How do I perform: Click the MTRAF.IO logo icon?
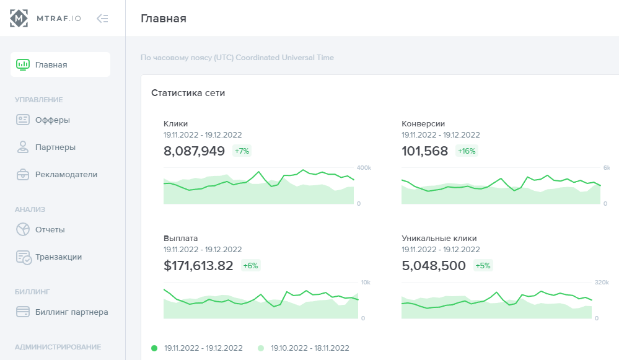(x=19, y=19)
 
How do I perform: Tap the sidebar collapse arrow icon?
(x=102, y=19)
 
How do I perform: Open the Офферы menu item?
(x=52, y=120)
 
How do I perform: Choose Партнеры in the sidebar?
(x=55, y=147)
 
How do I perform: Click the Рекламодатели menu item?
(x=66, y=175)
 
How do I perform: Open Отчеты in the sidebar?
(x=50, y=230)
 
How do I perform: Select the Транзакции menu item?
(x=58, y=257)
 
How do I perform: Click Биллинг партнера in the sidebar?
(x=71, y=312)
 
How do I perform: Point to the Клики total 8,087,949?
(x=194, y=151)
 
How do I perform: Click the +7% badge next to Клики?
(x=242, y=151)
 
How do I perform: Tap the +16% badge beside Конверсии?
(x=467, y=151)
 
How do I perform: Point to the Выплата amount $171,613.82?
(x=198, y=266)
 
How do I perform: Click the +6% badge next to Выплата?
(x=250, y=266)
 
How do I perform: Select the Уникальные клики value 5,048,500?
(x=434, y=266)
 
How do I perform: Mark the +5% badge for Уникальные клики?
(x=483, y=266)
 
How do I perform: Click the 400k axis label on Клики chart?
(x=364, y=168)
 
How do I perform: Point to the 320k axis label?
(x=602, y=283)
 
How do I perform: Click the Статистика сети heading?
(x=188, y=93)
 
